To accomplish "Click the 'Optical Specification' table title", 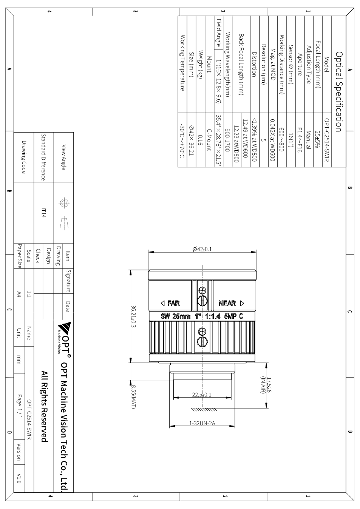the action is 339,91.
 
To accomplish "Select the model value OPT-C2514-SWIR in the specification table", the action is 327,140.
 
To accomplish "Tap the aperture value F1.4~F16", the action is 300,140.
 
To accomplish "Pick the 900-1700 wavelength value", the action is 227,140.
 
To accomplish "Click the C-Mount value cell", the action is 209,140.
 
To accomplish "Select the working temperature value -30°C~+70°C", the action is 182,140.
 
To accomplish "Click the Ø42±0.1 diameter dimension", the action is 202,249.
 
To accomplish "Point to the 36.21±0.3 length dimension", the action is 134,316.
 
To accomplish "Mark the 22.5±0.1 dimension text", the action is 202,395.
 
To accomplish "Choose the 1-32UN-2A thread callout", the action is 202,423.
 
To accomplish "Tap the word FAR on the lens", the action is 174,303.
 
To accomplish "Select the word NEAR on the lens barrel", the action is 227,303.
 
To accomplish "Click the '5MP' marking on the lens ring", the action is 230,316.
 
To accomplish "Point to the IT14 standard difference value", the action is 44,213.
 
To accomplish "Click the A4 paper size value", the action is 19,295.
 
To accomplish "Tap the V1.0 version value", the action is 19,478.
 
